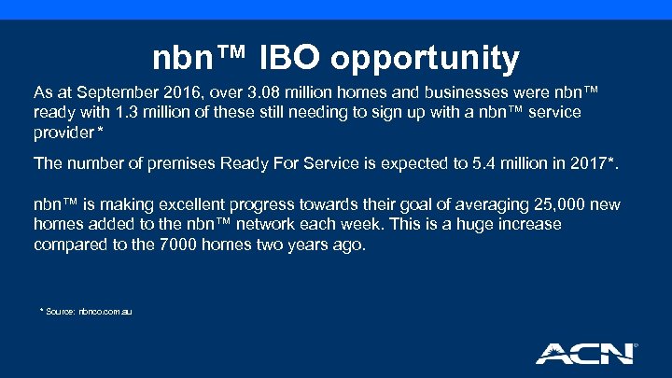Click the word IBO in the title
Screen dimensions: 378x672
coord(295,58)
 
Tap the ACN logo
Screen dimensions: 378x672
coord(585,352)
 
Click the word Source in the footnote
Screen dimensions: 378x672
coord(63,310)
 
